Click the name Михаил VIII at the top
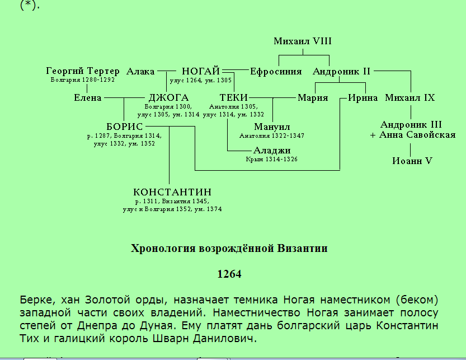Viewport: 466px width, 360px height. [x=303, y=41]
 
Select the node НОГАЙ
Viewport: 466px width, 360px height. [x=201, y=71]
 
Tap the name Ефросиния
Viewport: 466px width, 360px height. [x=276, y=72]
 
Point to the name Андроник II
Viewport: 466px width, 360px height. [x=341, y=72]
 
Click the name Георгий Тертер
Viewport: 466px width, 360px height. [x=83, y=71]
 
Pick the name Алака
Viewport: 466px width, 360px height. [x=140, y=72]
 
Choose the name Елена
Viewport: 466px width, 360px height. [x=88, y=97]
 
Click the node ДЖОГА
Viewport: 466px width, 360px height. [x=168, y=97]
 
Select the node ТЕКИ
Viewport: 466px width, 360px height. [x=234, y=97]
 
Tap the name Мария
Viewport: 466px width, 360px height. [x=313, y=98]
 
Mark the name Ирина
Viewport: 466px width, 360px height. [x=363, y=98]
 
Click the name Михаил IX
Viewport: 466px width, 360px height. [x=410, y=97]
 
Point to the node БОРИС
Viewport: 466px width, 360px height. [x=125, y=127]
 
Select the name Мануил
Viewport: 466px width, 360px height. [x=272, y=127]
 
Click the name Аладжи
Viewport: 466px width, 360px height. [x=272, y=151]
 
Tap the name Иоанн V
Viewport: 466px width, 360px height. [x=412, y=161]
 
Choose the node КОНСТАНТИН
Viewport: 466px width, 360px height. [x=172, y=192]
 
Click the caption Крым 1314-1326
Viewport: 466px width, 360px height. [x=272, y=159]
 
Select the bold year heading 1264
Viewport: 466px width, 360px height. [x=229, y=274]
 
